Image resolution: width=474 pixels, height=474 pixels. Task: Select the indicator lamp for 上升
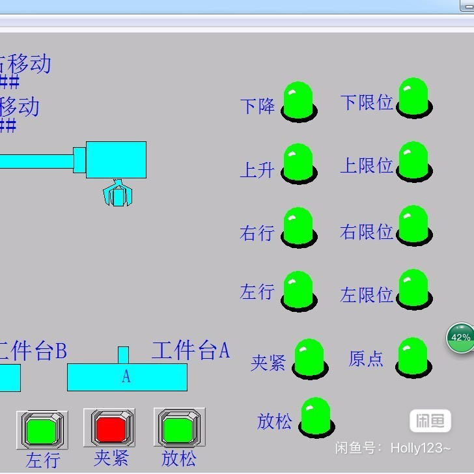pyautogui.click(x=298, y=163)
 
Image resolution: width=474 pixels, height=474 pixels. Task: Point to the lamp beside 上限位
pyautogui.click(x=413, y=161)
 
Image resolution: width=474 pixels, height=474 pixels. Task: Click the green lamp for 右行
pyautogui.click(x=298, y=227)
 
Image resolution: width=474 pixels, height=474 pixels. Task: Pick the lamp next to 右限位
pyautogui.click(x=413, y=225)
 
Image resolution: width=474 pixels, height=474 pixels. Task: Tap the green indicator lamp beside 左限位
pyautogui.click(x=413, y=289)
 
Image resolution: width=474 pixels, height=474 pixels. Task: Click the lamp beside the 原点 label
pyautogui.click(x=412, y=356)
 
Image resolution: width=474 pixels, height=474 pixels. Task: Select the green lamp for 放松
pyautogui.click(x=315, y=417)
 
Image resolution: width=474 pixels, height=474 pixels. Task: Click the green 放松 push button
pyautogui.click(x=179, y=428)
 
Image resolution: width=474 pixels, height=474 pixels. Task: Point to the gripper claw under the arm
pyautogui.click(x=118, y=193)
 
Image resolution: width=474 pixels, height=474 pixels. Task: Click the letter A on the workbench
pyautogui.click(x=126, y=377)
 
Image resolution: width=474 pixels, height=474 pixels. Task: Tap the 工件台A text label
pyautogui.click(x=191, y=350)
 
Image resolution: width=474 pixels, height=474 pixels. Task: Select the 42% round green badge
pyautogui.click(x=460, y=338)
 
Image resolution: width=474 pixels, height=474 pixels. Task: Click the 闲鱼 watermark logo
pyautogui.click(x=430, y=421)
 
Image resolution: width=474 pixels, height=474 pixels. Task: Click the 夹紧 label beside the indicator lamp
pyautogui.click(x=268, y=363)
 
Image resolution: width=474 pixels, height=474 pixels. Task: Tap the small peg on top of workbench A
pyautogui.click(x=123, y=355)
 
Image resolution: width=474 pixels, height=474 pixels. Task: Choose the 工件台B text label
pyautogui.click(x=33, y=351)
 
